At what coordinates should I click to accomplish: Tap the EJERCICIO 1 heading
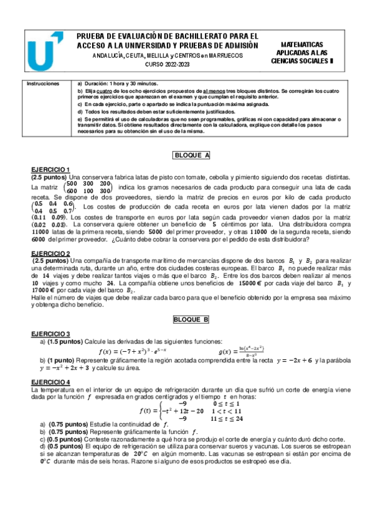(x=50, y=170)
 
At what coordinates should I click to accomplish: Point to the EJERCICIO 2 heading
(x=50, y=253)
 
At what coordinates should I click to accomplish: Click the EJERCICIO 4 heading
(x=50, y=381)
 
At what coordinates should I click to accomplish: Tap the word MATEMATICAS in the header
(x=302, y=45)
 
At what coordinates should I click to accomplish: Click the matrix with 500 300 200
(x=88, y=187)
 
